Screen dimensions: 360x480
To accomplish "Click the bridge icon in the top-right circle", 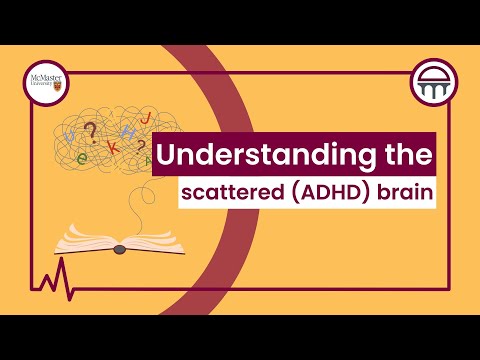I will pyautogui.click(x=436, y=85).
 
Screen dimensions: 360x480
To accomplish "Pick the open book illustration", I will pyautogui.click(x=117, y=239).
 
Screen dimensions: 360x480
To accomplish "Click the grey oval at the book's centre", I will pyautogui.click(x=118, y=248).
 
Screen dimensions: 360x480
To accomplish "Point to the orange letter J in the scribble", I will pyautogui.click(x=148, y=119).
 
